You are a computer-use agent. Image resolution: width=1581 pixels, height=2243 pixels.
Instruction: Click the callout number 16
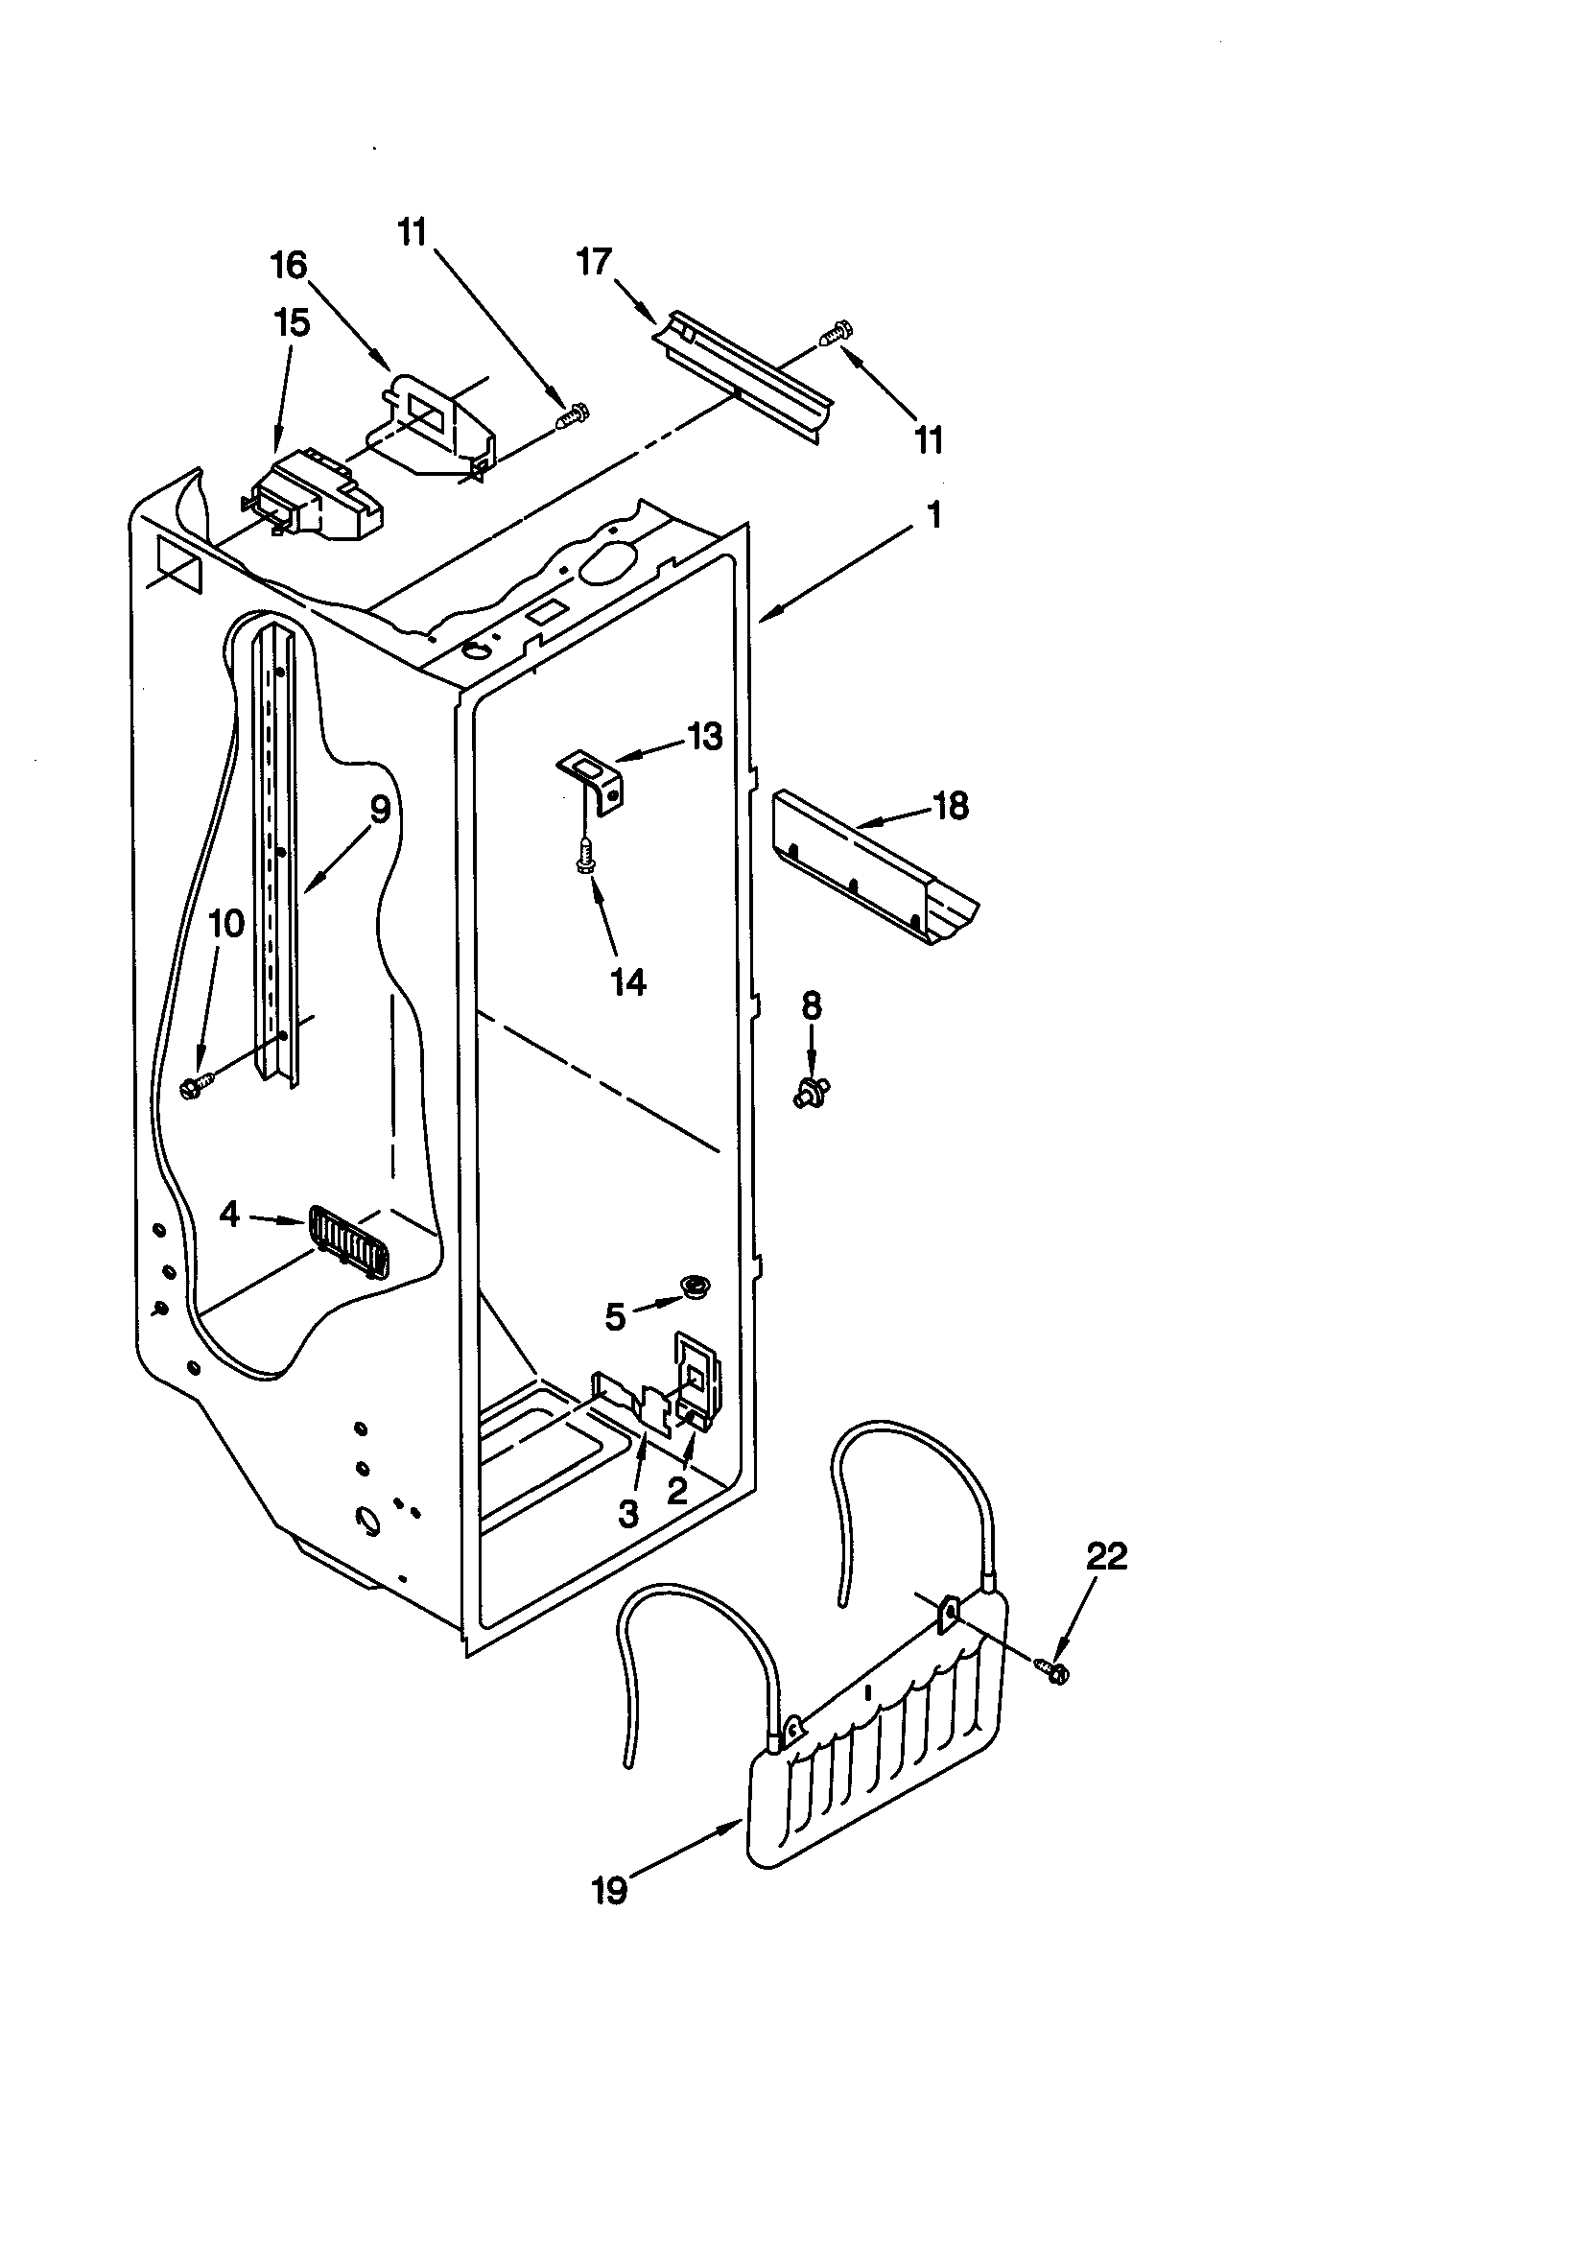tap(289, 265)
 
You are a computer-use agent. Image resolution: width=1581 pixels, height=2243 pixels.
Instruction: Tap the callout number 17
tap(594, 262)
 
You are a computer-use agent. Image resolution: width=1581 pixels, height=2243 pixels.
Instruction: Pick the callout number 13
tap(704, 736)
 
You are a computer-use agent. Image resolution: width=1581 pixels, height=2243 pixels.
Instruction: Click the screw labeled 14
tap(586, 856)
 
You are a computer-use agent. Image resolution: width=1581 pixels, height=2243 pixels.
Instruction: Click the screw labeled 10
tap(199, 1084)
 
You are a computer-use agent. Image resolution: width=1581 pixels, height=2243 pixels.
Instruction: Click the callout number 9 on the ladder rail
tap(379, 809)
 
